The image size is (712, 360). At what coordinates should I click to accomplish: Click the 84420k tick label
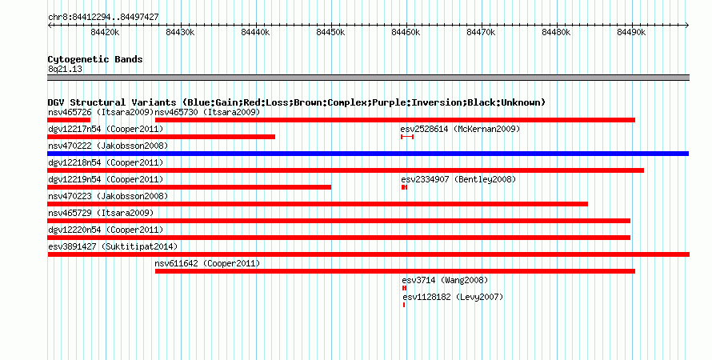point(105,32)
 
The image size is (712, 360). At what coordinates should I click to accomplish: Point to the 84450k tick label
point(330,32)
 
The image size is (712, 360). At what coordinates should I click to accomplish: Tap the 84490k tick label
point(631,32)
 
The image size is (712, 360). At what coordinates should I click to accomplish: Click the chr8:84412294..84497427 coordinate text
point(103,18)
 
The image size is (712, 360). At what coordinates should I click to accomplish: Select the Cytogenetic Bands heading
point(95,59)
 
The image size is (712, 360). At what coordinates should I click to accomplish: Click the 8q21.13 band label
point(65,69)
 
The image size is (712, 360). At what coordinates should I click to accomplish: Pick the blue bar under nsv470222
point(368,154)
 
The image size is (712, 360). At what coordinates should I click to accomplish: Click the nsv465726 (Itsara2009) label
point(101,112)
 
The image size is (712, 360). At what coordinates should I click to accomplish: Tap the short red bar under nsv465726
point(69,120)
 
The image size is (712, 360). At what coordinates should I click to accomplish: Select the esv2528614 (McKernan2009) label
point(460,130)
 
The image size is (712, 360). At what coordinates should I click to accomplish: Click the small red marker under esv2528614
point(407,137)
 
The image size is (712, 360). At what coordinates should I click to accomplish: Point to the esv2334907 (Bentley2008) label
point(458,180)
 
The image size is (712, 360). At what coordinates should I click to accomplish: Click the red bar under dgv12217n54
point(161,137)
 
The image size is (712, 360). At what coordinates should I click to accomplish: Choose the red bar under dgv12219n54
point(190,187)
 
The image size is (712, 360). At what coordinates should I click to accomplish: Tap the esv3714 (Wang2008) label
point(445,281)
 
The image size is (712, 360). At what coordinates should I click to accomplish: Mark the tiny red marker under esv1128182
point(404,305)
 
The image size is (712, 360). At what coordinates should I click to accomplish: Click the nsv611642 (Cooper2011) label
point(207,264)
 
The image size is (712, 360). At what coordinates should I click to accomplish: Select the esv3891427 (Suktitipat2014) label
point(113,247)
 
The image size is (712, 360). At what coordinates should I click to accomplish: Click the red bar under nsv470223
point(318,204)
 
